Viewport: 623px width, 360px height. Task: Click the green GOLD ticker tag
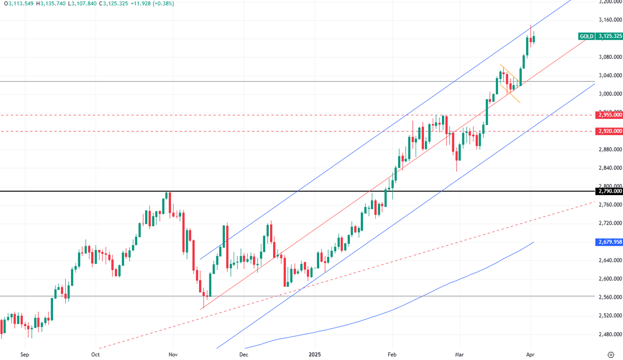586,36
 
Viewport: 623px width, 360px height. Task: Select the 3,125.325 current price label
610,36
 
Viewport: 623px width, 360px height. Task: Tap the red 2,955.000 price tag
610,115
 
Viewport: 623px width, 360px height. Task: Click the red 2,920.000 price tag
610,131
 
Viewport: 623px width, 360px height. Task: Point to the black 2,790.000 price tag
610,191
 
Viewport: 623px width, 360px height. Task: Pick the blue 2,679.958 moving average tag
610,242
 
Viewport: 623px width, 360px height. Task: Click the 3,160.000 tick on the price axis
610,20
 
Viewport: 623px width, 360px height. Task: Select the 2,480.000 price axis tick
610,334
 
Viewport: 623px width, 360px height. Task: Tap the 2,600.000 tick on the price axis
610,279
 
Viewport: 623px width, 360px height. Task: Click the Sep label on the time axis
25,355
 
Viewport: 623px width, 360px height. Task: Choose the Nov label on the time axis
173,355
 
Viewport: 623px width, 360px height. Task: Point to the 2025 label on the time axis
314,355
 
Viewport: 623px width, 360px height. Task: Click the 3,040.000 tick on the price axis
610,75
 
